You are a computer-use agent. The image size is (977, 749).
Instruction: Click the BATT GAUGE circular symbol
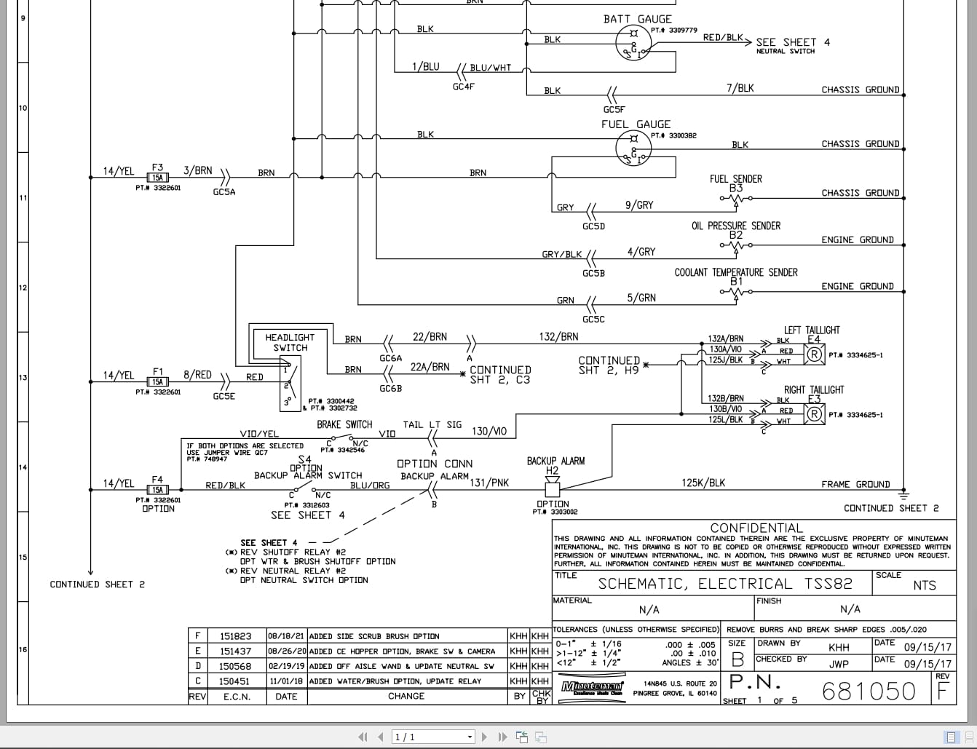(x=634, y=42)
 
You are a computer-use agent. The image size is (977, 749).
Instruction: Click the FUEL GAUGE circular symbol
(x=634, y=148)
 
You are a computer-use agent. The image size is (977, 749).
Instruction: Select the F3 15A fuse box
(x=157, y=177)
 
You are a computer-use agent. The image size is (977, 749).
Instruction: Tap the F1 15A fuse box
(x=157, y=381)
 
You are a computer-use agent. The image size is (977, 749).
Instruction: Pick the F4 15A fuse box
(x=157, y=490)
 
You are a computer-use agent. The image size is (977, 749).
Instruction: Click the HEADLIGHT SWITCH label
(x=290, y=342)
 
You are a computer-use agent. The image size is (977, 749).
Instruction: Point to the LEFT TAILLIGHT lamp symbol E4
(x=814, y=354)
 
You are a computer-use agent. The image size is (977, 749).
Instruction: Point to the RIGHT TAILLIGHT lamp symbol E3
(x=814, y=413)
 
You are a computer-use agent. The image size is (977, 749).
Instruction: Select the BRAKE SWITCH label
(x=344, y=424)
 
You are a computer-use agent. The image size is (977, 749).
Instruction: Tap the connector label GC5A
(x=224, y=192)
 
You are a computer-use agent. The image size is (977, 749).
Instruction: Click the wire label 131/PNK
(x=489, y=483)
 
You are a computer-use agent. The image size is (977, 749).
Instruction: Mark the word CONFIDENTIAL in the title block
(x=756, y=528)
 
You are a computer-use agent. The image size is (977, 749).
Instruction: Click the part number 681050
(x=869, y=691)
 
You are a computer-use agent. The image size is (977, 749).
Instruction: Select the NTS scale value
(x=924, y=585)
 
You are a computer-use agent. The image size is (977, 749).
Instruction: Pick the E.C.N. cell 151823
(x=235, y=636)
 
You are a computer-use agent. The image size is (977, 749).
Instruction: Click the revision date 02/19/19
(x=286, y=666)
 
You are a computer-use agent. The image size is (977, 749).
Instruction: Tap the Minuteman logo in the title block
(x=592, y=687)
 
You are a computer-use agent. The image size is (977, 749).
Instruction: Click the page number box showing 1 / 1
(x=433, y=737)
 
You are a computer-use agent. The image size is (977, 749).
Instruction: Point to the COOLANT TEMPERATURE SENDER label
(x=735, y=272)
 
